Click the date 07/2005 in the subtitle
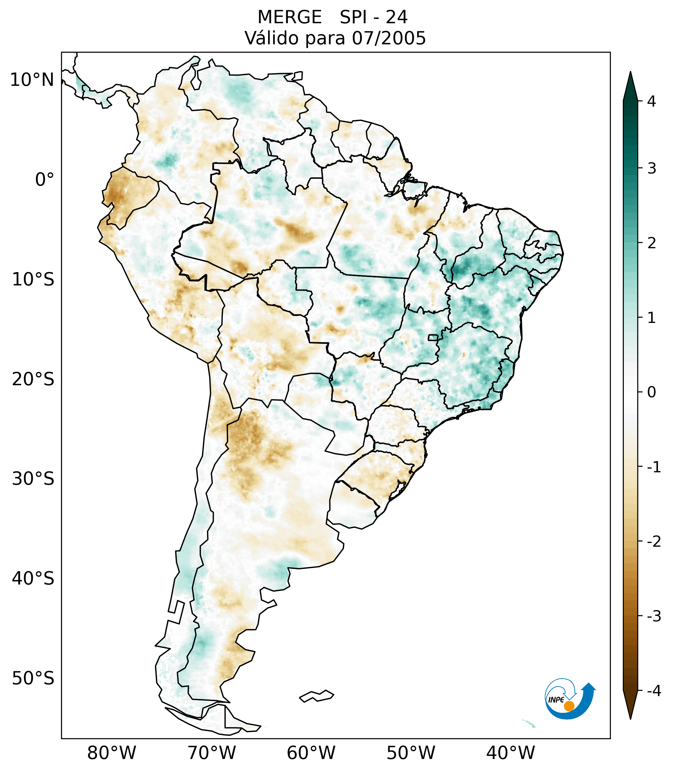click(389, 38)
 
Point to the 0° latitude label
click(45, 179)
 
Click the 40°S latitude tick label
click(33, 578)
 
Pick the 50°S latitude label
click(33, 678)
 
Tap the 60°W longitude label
click(311, 753)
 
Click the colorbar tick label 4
click(651, 101)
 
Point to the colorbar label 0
click(651, 392)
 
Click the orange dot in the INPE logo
click(569, 706)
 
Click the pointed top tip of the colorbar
click(630, 73)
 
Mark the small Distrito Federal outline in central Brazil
click(433, 337)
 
